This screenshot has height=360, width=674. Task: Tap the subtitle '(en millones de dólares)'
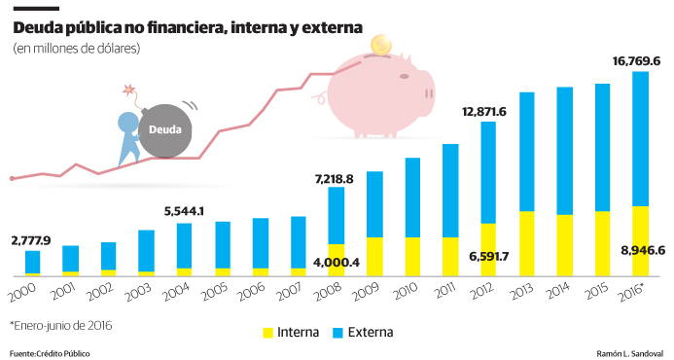pos(77,49)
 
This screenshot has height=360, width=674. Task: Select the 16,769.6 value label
pos(636,61)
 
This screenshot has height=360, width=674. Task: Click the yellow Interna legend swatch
pos(268,333)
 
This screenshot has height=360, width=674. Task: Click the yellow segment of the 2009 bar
pos(373,256)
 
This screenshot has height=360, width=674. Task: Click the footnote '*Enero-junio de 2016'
pos(60,325)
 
